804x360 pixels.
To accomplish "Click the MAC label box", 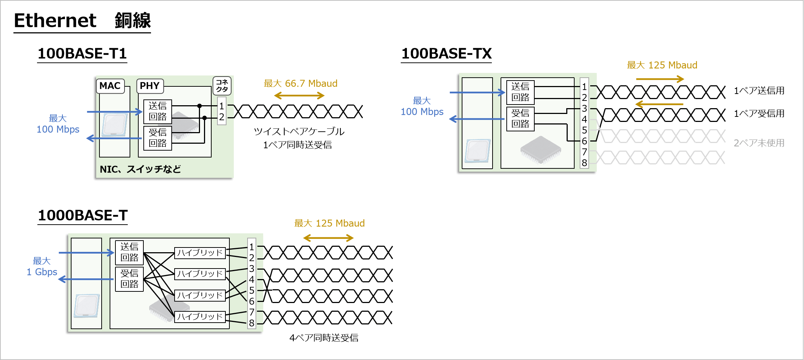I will (110, 86).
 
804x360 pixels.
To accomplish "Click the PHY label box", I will (150, 86).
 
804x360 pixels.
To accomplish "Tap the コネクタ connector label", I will (222, 86).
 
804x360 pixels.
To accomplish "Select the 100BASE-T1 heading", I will (82, 54).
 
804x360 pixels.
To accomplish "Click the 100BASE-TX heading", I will (446, 54).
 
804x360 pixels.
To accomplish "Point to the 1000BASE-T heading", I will (83, 216).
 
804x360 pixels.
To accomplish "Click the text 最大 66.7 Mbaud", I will (301, 83).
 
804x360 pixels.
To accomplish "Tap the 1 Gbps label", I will (42, 272).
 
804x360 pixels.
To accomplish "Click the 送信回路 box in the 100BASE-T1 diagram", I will (158, 111).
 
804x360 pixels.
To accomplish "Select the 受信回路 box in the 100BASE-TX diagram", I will (520, 119).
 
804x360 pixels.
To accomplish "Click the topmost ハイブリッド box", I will (200, 253).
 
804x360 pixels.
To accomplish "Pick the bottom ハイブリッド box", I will (200, 316).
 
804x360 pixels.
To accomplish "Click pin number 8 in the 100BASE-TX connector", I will (584, 163).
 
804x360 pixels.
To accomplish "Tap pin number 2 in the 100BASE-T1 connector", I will (221, 117).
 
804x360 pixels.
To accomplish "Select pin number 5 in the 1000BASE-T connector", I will (252, 290).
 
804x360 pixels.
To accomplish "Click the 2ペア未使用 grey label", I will (759, 143).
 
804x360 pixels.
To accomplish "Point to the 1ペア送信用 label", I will (759, 91).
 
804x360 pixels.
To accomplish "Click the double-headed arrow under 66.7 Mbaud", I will (299, 95).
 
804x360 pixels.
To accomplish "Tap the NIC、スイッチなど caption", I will (140, 169).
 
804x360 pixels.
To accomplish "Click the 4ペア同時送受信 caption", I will (324, 338).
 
